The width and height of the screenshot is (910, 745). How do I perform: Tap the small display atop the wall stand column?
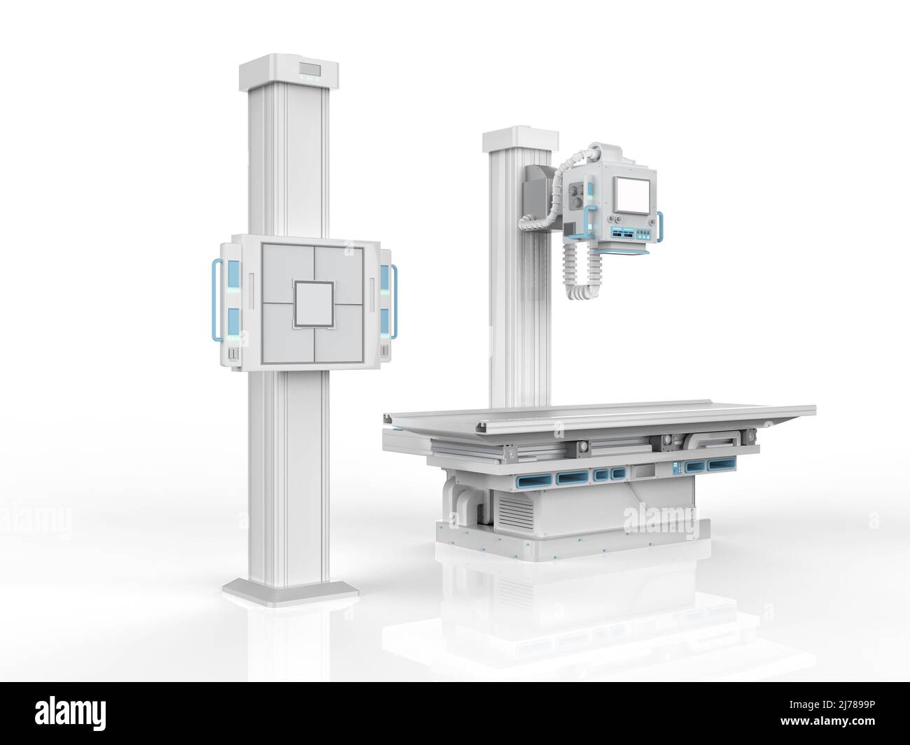click(309, 69)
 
